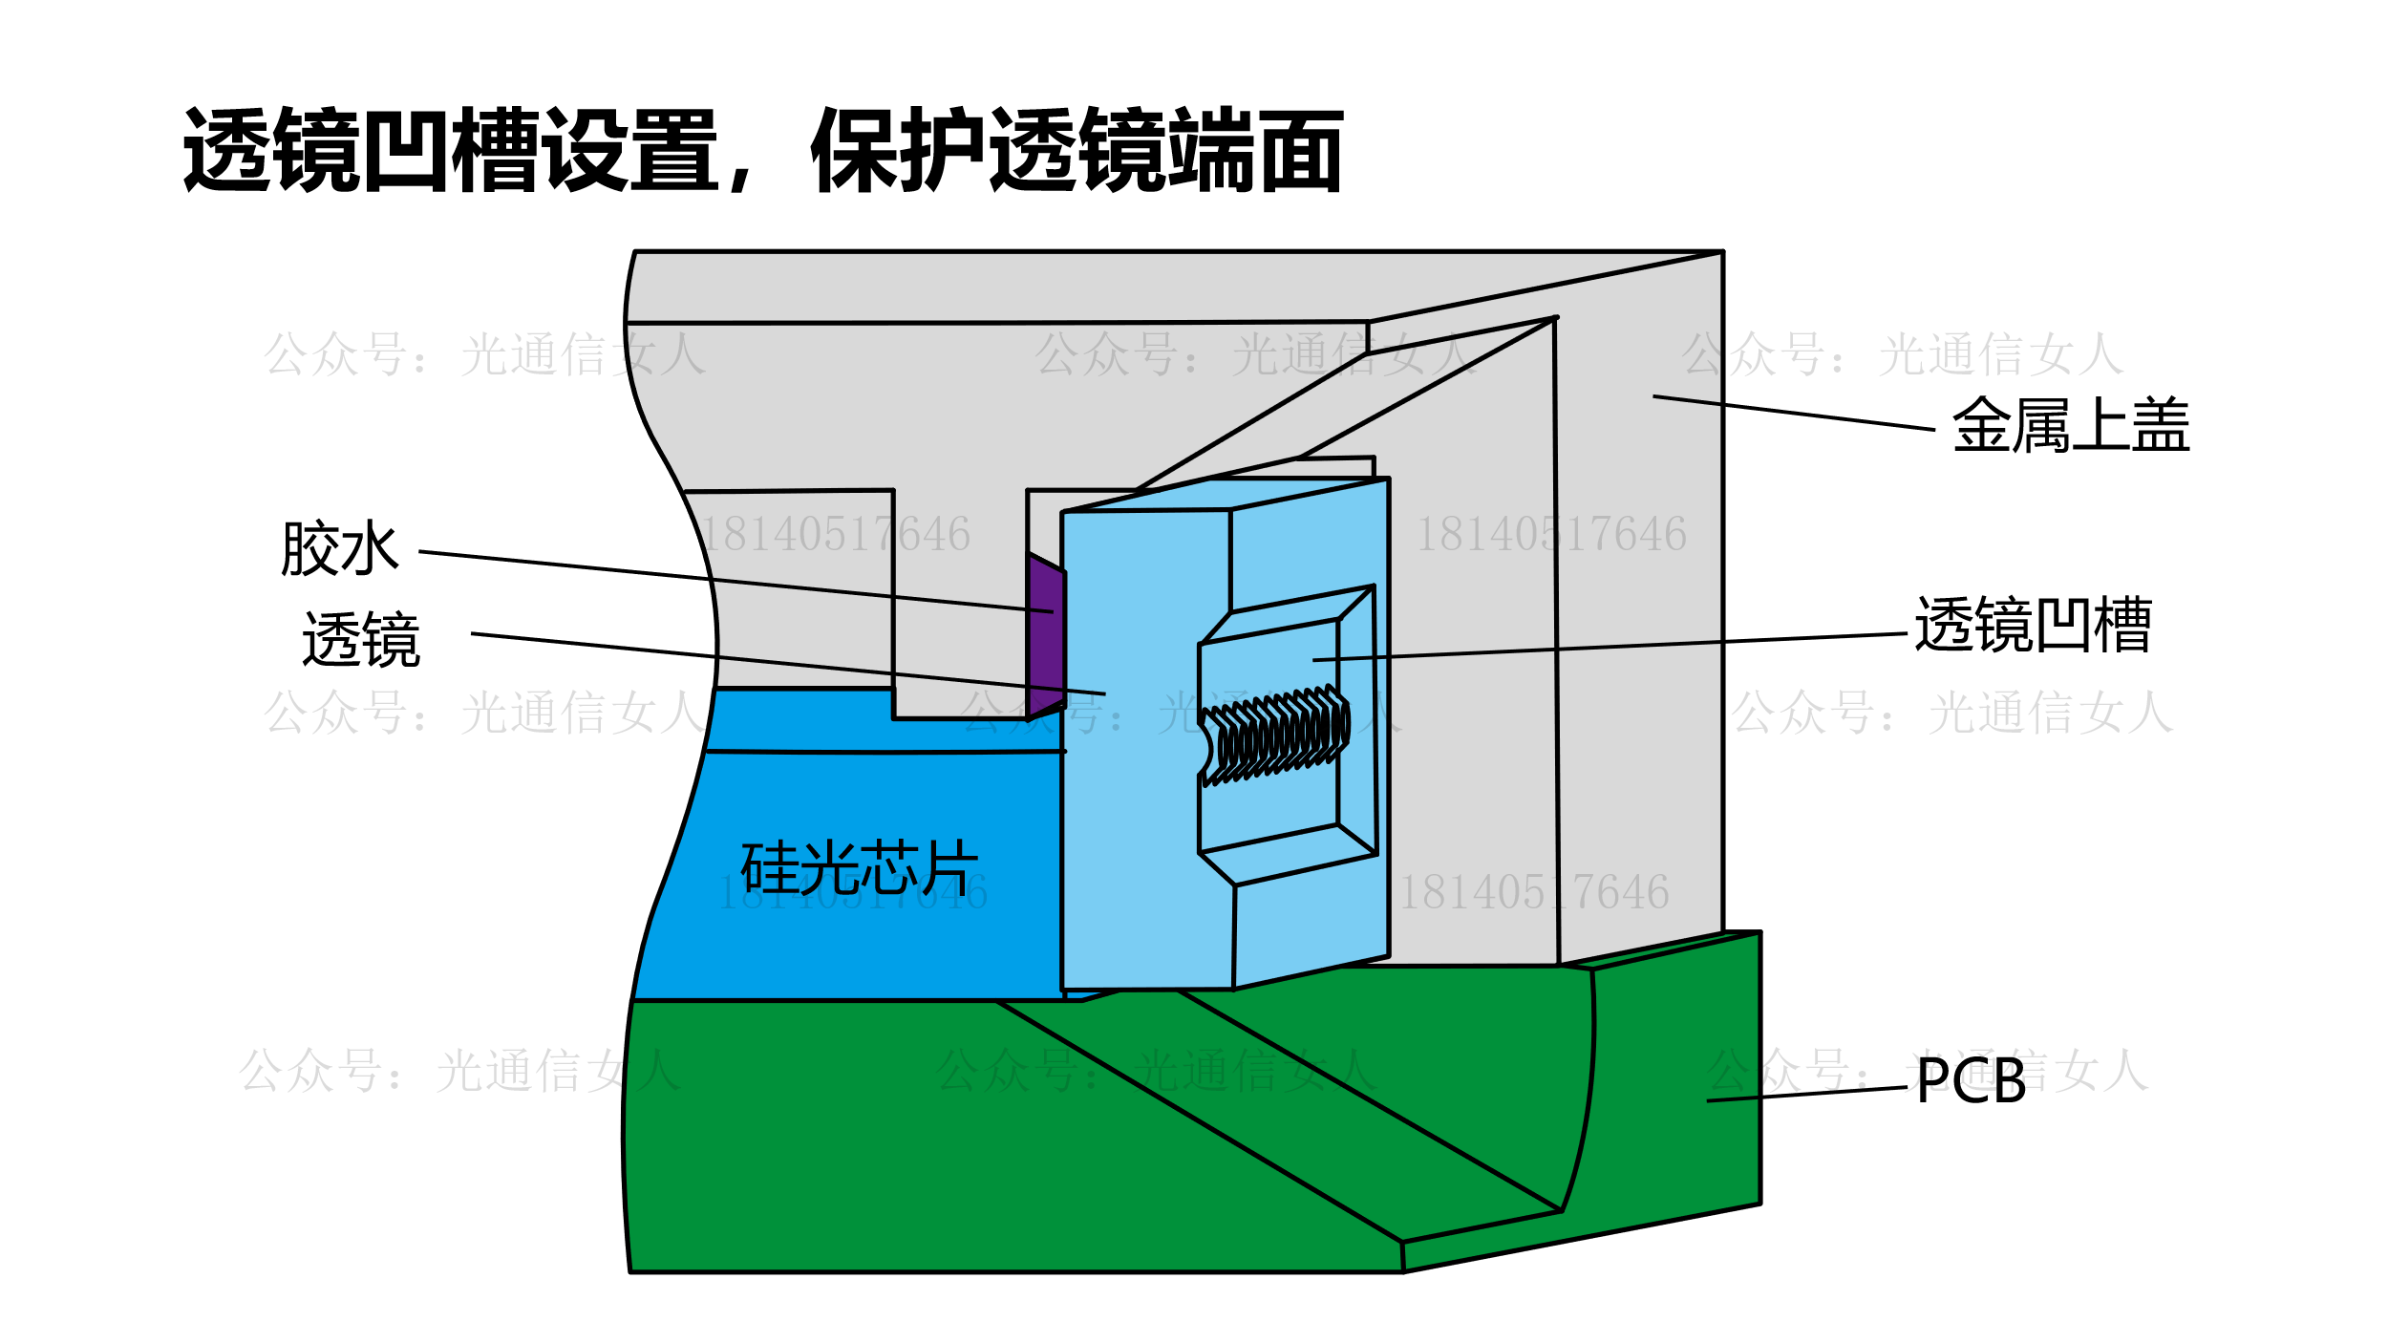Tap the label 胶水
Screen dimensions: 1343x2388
coord(339,549)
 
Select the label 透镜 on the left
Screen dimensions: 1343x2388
coord(361,639)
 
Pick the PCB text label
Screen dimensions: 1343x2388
coord(1971,1081)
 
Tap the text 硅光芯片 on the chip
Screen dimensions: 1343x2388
coord(859,867)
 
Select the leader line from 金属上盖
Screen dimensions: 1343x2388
coord(1796,413)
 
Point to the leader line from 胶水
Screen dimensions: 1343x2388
coord(736,581)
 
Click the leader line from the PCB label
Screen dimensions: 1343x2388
coord(1805,1094)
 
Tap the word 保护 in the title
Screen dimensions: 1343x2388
coord(898,151)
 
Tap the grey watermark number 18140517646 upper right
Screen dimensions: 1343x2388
coord(1551,534)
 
